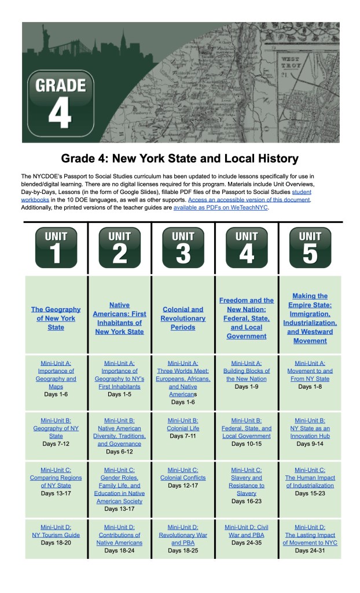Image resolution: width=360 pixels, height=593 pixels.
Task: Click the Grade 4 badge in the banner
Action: (x=60, y=104)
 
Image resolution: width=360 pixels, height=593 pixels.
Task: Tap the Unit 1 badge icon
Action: (x=56, y=247)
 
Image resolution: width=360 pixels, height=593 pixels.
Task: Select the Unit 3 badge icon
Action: (x=183, y=247)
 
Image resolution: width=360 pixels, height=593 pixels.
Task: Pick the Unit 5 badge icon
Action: (x=310, y=247)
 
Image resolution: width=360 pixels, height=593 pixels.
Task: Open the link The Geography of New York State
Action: (x=56, y=318)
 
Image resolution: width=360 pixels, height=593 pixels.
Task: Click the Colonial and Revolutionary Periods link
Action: (x=183, y=318)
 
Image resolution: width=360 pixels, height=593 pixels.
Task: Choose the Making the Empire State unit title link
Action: (x=310, y=318)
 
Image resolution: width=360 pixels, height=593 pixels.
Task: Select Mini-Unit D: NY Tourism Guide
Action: (x=56, y=531)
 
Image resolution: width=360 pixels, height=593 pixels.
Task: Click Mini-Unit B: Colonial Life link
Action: (x=183, y=424)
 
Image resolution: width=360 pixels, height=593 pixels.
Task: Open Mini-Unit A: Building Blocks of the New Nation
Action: (x=247, y=375)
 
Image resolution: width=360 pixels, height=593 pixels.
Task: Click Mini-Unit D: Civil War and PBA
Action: (x=247, y=531)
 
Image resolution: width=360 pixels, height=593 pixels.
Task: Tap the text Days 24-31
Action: (x=310, y=550)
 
